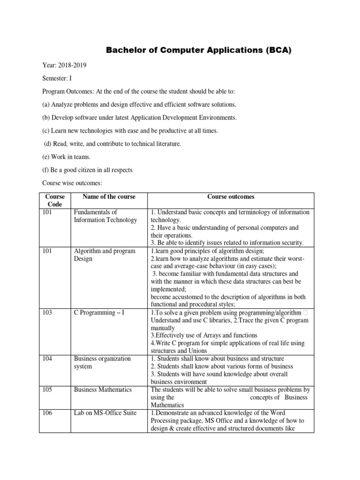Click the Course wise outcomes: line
click(x=72, y=183)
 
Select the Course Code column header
click(x=54, y=201)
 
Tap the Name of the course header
click(x=108, y=197)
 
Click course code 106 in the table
click(x=48, y=412)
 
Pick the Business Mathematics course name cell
click(x=103, y=390)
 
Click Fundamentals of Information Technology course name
click(x=105, y=216)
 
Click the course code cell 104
click(x=48, y=359)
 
